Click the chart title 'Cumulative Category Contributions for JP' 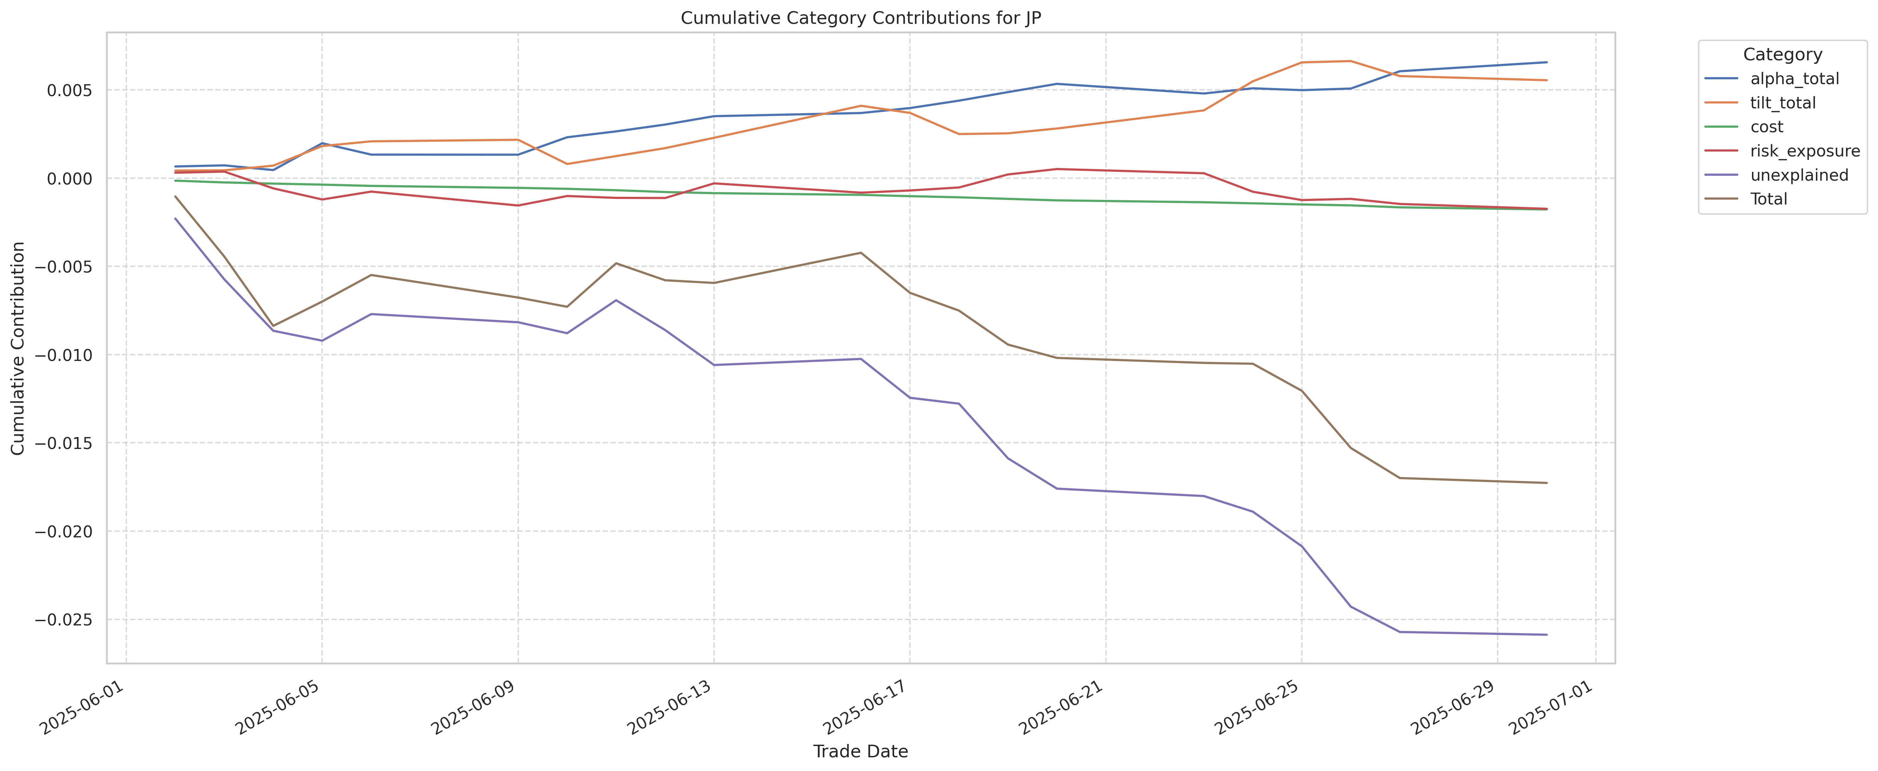click(x=860, y=18)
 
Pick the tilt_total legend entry click(x=1783, y=103)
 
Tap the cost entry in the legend click(x=1766, y=127)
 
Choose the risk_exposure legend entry click(x=1804, y=151)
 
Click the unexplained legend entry click(x=1799, y=175)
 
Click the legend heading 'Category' click(x=1782, y=55)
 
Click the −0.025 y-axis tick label click(x=66, y=620)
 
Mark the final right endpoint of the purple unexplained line click(x=1546, y=635)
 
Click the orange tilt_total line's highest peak click(x=1350, y=61)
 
